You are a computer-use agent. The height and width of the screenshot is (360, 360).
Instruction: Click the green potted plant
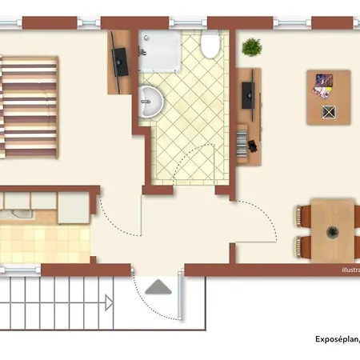point(251,47)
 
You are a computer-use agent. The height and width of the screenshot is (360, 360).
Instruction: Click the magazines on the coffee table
point(323,82)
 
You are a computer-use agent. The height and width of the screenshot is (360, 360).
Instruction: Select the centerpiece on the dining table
point(332,233)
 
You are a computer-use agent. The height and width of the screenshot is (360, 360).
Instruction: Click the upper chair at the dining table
point(302,214)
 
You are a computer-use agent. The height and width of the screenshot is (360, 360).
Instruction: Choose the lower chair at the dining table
point(302,246)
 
